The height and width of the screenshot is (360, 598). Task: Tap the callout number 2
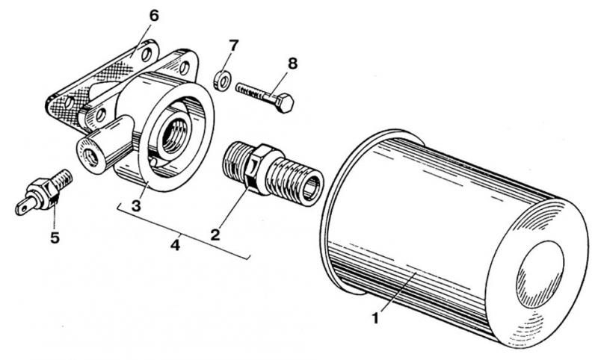[x=215, y=233]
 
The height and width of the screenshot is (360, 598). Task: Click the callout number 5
[x=54, y=238]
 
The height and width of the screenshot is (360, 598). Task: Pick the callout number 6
[x=154, y=15]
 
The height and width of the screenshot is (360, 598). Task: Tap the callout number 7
[x=232, y=46]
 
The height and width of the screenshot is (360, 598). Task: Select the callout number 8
[x=292, y=63]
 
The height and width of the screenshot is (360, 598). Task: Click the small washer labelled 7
[x=221, y=79]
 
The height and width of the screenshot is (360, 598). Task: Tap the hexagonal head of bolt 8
[x=284, y=102]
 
